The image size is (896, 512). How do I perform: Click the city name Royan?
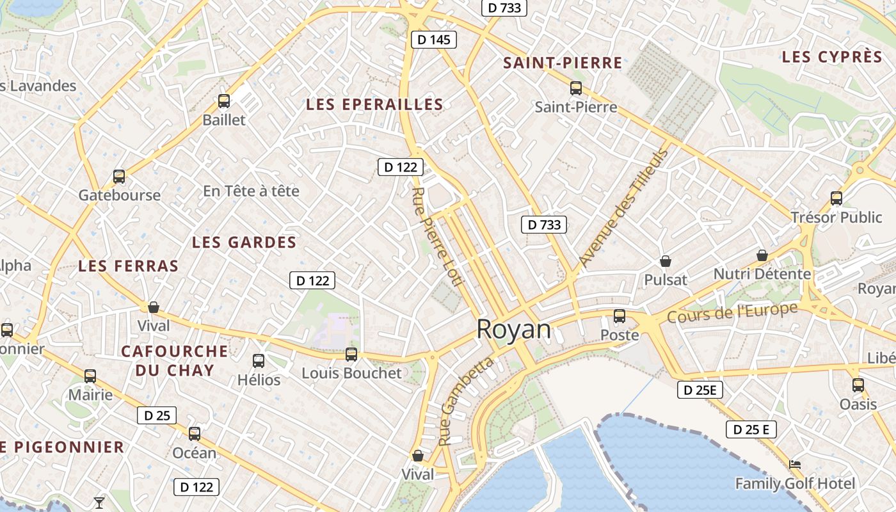513,329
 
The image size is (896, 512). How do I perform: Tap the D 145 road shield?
433,40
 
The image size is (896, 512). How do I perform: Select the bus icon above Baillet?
223,100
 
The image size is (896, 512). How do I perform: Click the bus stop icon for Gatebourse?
119,176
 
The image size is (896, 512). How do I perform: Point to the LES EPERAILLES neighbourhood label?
374,104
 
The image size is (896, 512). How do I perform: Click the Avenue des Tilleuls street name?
623,207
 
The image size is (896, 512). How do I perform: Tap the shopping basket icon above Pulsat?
666,261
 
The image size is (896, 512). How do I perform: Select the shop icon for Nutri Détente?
762,255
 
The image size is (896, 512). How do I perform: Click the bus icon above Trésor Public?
836,198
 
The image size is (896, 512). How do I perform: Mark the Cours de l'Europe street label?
732,312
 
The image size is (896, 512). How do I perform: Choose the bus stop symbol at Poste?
619,316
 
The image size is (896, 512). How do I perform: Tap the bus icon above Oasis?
858,385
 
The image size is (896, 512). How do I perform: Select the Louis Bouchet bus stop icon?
351,354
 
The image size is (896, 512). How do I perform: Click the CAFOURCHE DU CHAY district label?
174,360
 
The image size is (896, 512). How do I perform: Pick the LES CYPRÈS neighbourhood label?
832,56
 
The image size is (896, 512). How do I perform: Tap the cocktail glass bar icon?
99,502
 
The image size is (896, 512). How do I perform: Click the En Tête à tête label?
251,191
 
